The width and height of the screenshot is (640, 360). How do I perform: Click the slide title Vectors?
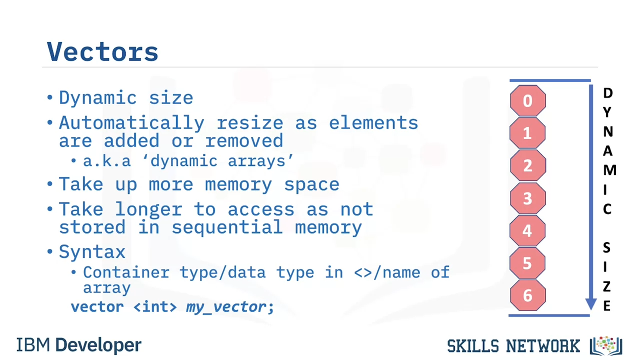pyautogui.click(x=102, y=51)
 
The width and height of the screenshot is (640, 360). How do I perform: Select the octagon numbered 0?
pyautogui.click(x=527, y=100)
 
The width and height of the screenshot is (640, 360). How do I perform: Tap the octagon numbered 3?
pyautogui.click(x=527, y=198)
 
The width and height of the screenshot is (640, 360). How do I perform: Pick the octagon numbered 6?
pyautogui.click(x=527, y=295)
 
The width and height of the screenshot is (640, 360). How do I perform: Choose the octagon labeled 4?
pyautogui.click(x=527, y=230)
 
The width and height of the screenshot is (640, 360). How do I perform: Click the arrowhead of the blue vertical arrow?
pyautogui.click(x=591, y=304)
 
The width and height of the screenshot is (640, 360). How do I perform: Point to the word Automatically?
pyautogui.click(x=131, y=123)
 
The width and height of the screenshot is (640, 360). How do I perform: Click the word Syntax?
pyautogui.click(x=92, y=252)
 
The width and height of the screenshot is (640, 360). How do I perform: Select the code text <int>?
pyautogui.click(x=155, y=307)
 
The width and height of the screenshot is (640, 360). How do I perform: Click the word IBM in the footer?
pyautogui.click(x=33, y=345)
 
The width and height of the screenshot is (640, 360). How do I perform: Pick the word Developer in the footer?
pyautogui.click(x=98, y=345)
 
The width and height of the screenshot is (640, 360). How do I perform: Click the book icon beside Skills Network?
pyautogui.click(x=606, y=345)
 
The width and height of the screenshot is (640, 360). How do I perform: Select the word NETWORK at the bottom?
pyautogui.click(x=543, y=346)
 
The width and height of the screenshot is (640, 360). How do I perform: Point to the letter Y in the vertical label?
pyautogui.click(x=607, y=112)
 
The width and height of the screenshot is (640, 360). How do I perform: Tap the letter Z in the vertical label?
pyautogui.click(x=607, y=286)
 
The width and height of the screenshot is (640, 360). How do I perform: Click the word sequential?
pyautogui.click(x=227, y=227)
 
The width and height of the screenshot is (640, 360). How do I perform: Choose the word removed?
pyautogui.click(x=244, y=140)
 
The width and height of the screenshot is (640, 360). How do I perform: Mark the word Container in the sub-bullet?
pyautogui.click(x=126, y=272)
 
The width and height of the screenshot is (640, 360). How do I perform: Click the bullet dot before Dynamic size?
pyautogui.click(x=50, y=97)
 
